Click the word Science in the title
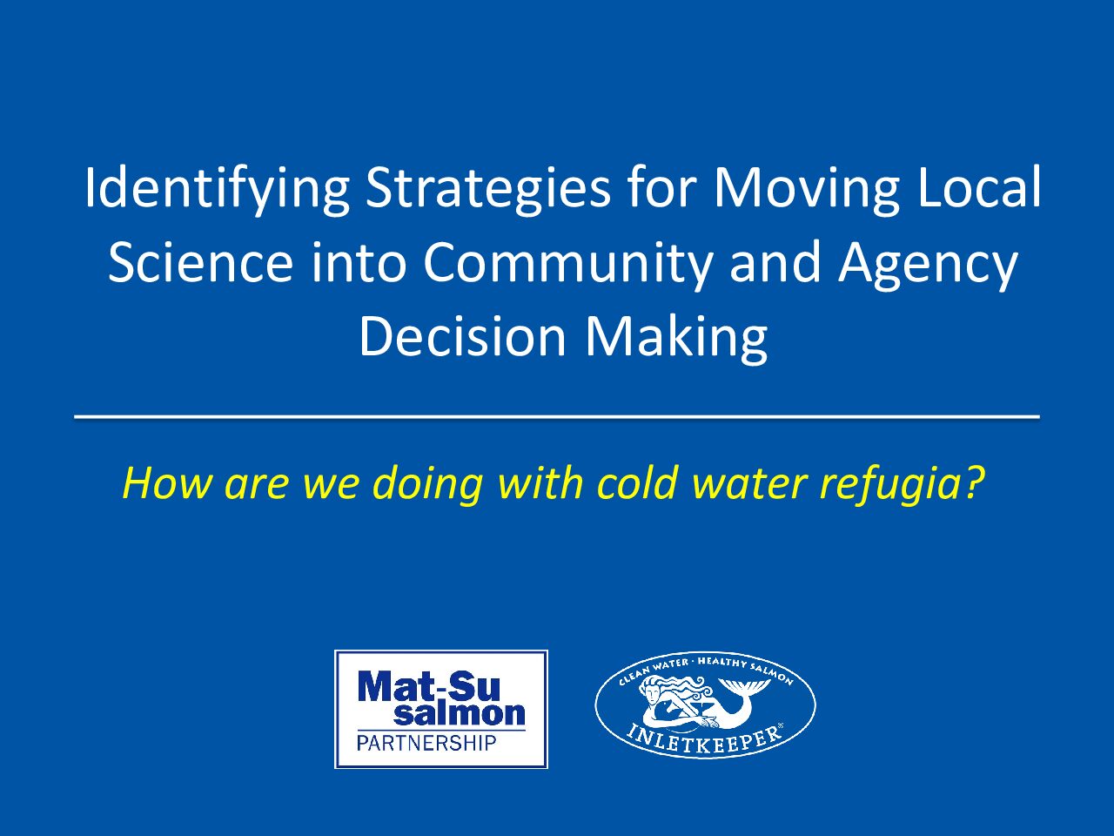[x=200, y=261]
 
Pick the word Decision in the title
[x=462, y=335]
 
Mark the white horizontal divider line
[x=557, y=417]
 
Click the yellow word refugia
[x=902, y=483]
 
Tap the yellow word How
[x=167, y=482]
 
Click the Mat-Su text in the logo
[x=429, y=686]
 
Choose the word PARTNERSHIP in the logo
[x=426, y=743]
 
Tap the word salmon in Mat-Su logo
[x=460, y=713]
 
